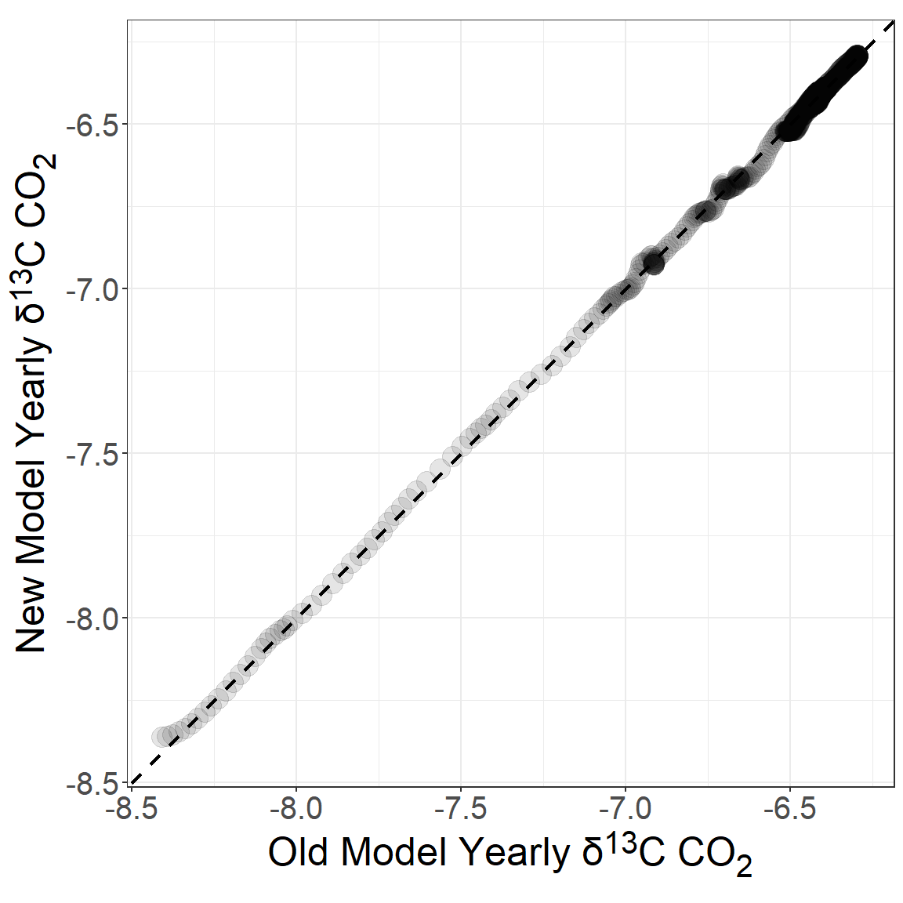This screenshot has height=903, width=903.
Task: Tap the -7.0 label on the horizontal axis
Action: (625, 808)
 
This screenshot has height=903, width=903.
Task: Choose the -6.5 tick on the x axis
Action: (789, 808)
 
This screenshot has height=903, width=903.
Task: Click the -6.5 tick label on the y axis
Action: (92, 125)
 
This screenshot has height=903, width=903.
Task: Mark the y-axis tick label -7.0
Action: (92, 289)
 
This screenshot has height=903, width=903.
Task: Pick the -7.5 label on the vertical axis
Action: (92, 454)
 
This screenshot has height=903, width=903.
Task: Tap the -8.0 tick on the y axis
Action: (92, 618)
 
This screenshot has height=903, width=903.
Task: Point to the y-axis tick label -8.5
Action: (92, 783)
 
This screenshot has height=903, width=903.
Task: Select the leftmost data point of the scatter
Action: (162, 737)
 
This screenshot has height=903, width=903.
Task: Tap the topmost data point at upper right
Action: (856, 56)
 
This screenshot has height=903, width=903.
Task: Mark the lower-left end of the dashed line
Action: (132, 782)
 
